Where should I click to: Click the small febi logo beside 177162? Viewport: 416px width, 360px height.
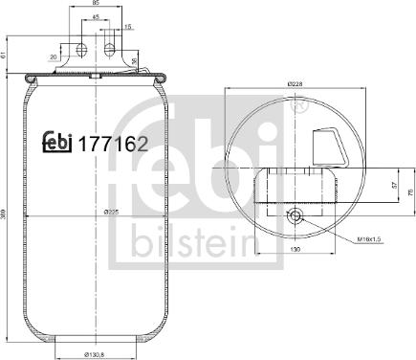tap(59, 143)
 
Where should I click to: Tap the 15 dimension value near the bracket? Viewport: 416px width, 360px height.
tap(129, 29)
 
